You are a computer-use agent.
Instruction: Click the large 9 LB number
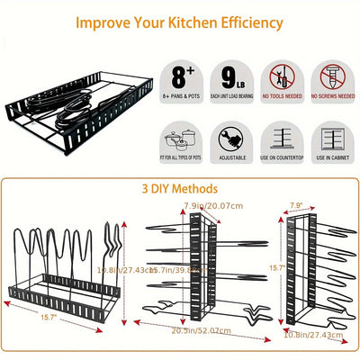(x=232, y=74)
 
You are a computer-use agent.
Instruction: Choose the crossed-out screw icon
(x=332, y=76)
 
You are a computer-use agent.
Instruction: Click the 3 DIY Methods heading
(x=180, y=189)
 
